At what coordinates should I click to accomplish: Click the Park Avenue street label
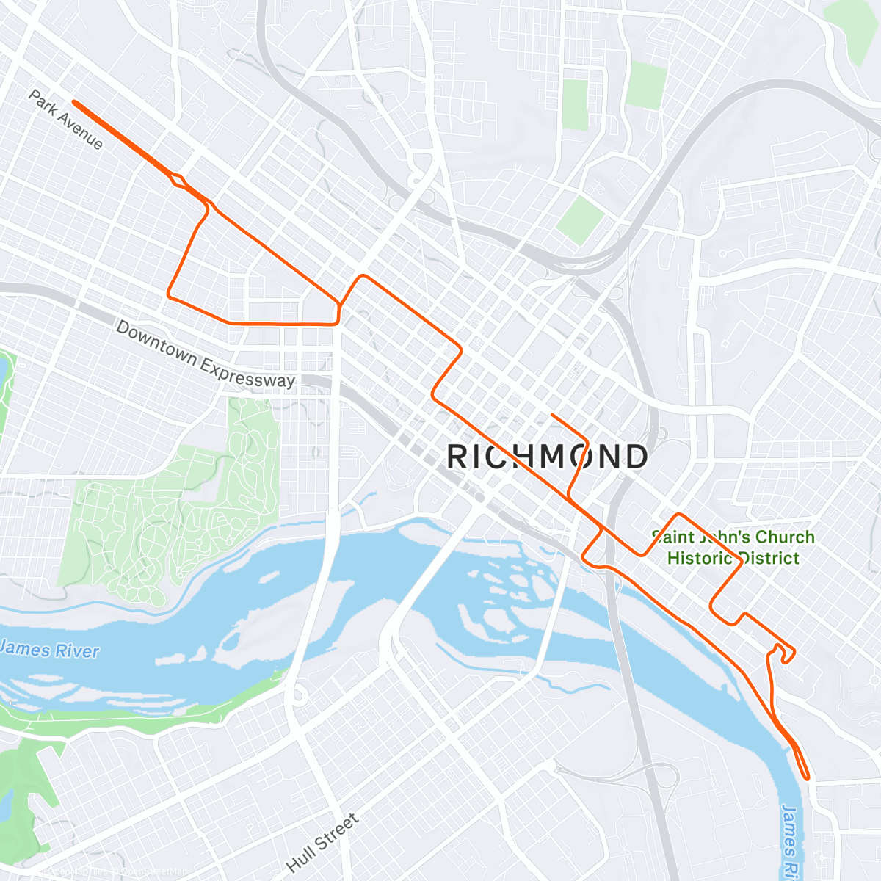66,119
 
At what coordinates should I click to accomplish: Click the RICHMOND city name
547,457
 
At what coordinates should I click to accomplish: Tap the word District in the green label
768,558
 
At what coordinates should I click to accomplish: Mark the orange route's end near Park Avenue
74,102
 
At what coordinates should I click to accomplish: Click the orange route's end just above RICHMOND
551,415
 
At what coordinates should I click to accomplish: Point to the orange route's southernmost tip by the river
807,777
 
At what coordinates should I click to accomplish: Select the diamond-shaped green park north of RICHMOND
580,219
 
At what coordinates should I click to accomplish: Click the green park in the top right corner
852,26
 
